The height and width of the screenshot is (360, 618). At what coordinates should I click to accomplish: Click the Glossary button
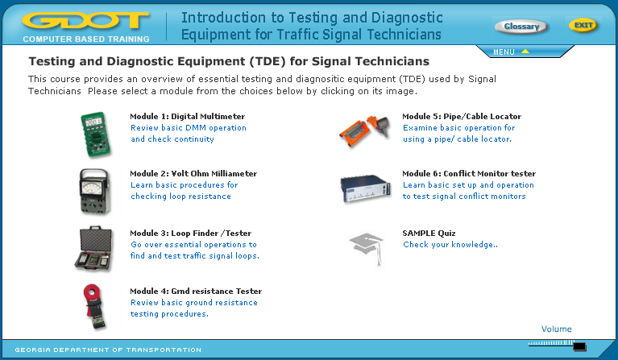(521, 27)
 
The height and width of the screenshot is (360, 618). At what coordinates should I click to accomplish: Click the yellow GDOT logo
(86, 21)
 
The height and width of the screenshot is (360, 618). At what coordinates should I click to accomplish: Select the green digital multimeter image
(95, 134)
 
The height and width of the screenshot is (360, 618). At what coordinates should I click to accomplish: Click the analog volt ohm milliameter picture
(93, 192)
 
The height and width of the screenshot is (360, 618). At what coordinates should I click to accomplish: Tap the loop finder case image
(93, 249)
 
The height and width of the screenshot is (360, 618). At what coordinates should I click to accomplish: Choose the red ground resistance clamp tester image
(94, 306)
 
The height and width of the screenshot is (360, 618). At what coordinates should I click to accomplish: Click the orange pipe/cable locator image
(365, 130)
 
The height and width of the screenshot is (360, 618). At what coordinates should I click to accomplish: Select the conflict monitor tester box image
(366, 188)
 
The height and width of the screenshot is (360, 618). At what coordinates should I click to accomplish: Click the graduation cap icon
(367, 248)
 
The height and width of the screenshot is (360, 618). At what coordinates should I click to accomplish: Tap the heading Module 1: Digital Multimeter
(187, 116)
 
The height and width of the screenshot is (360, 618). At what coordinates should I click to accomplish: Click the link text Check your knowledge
(450, 245)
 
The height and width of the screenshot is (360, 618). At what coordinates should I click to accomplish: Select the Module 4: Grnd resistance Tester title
(196, 291)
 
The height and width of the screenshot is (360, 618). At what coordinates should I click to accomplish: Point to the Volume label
(556, 329)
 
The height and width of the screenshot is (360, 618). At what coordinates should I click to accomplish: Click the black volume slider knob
(579, 346)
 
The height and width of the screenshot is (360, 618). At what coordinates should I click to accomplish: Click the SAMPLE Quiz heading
(429, 234)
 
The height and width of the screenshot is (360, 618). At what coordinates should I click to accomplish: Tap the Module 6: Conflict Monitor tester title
(469, 173)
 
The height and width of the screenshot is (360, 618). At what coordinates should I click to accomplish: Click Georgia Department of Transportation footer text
(108, 350)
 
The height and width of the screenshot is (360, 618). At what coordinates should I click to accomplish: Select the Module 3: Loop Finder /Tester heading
(191, 234)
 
